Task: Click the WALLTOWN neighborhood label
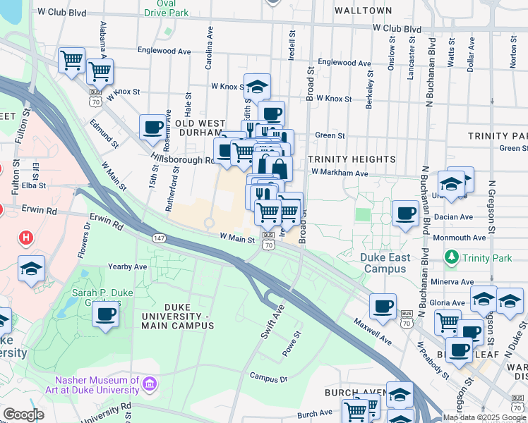point(364,11)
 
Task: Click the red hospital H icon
point(26,238)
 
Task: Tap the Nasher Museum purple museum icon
point(149,384)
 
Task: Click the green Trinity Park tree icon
point(452,258)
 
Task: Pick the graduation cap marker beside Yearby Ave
point(31,269)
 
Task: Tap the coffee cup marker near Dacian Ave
point(405,212)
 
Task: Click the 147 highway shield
point(161,240)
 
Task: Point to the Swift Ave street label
point(272,321)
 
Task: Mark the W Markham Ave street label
point(340,173)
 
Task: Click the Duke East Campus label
point(385,263)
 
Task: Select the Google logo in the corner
point(23,414)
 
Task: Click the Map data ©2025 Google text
point(484,417)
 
